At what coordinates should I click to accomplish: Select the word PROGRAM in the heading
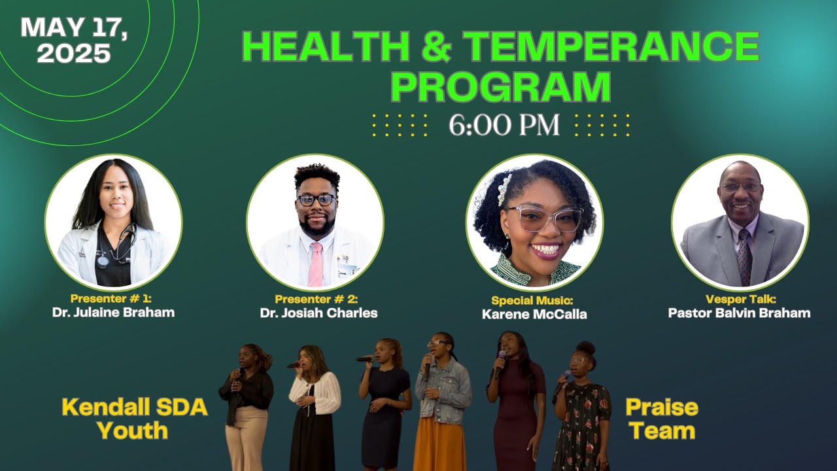(500, 86)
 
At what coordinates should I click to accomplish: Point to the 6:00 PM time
(504, 125)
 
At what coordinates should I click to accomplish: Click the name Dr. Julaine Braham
(113, 312)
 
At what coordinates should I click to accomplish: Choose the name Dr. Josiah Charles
(318, 313)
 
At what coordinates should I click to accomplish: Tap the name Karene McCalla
(534, 314)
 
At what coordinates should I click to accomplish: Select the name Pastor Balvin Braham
(739, 313)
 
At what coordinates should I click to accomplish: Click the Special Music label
(532, 301)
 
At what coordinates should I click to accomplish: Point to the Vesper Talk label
(740, 300)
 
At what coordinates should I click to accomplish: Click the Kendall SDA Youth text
(134, 419)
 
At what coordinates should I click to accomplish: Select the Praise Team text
(661, 419)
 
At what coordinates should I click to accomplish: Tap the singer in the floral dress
(581, 412)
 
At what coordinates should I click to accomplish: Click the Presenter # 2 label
(316, 299)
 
